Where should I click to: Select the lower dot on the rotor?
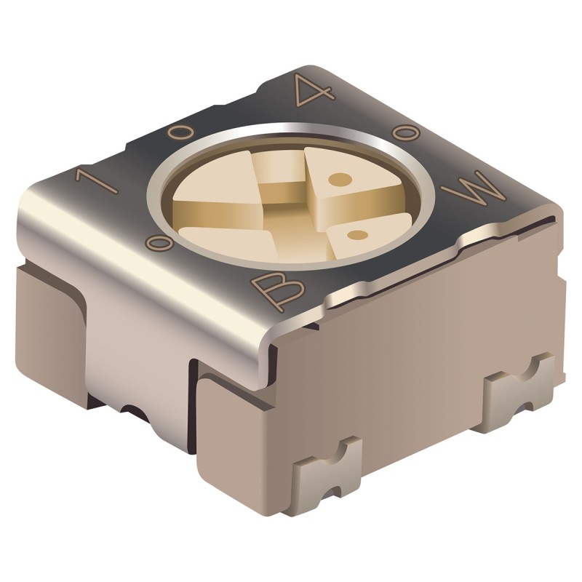(356, 234)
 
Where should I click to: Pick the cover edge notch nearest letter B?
(342, 298)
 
